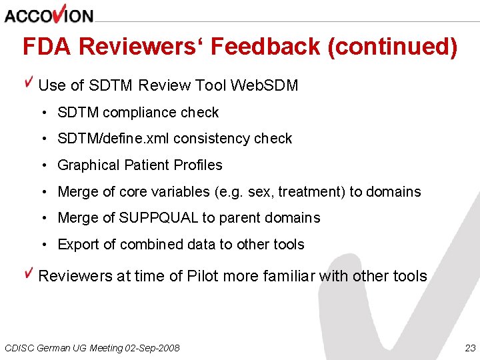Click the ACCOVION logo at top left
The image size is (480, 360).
48,15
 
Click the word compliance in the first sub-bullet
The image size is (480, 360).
131,113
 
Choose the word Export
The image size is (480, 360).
78,245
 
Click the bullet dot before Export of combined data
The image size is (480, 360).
43,245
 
